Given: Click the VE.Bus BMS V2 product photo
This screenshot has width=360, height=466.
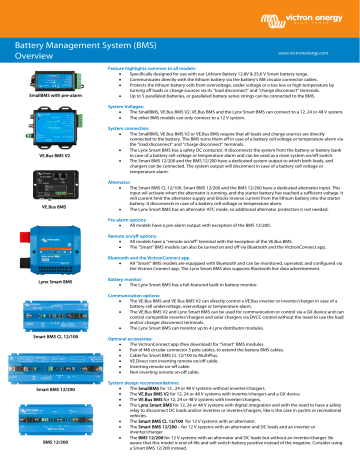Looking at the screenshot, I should tap(38, 144).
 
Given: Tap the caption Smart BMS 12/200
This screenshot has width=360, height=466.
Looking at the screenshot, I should tap(38, 385).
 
